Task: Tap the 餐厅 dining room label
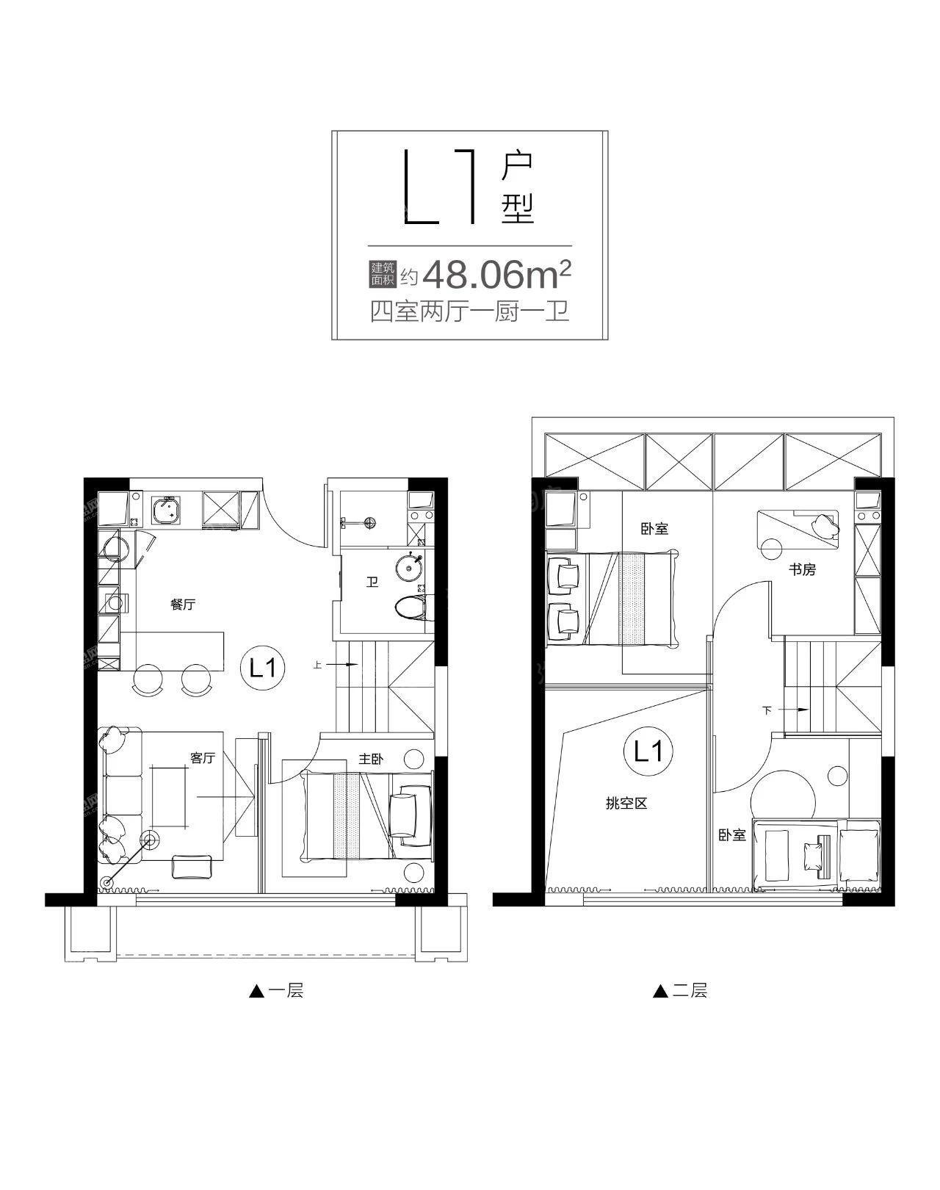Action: [182, 605]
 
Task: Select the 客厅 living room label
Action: [203, 757]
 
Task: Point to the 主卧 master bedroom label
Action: [370, 760]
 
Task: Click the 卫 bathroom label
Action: [372, 583]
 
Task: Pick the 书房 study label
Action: [803, 569]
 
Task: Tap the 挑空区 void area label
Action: [626, 804]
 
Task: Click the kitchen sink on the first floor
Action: [165, 509]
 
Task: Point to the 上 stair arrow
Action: [335, 665]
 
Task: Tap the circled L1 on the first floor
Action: [263, 670]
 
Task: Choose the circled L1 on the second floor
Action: [646, 751]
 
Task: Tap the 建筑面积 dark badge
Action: [382, 275]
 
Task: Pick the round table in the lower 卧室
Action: [783, 802]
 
